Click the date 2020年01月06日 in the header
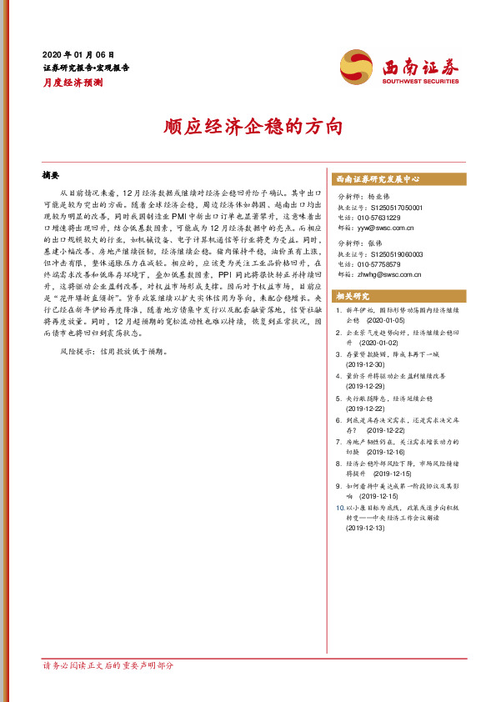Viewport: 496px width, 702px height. [x=78, y=53]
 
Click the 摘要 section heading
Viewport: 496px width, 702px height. [x=52, y=176]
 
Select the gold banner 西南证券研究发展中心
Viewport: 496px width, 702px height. [x=378, y=178]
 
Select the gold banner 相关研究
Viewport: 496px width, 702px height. [x=353, y=297]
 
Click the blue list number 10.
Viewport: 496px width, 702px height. [x=338, y=506]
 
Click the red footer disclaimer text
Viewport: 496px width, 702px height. [x=108, y=665]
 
